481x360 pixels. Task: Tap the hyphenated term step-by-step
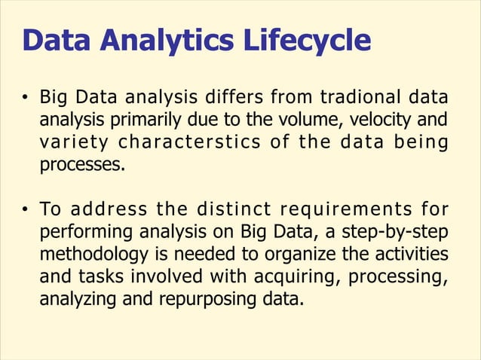pyautogui.click(x=402, y=229)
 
